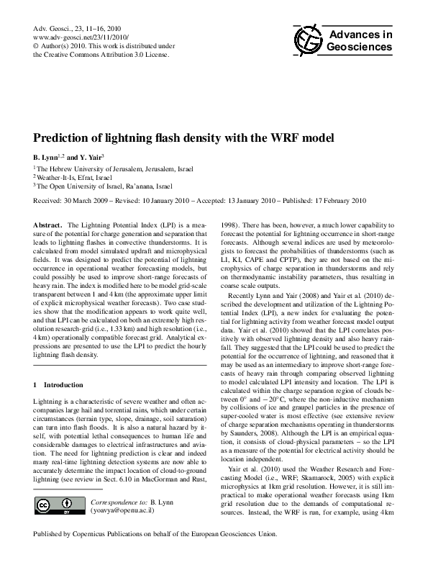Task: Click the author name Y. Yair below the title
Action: pyautogui.click(x=90, y=157)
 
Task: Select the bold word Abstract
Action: pyautogui.click(x=48, y=225)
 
